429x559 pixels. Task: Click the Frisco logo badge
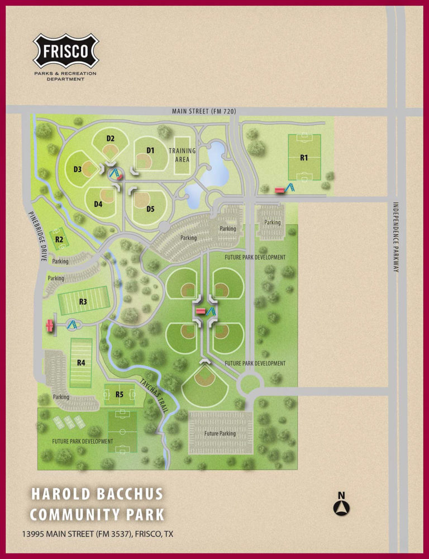(x=65, y=51)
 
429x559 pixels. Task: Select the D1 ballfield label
(x=150, y=150)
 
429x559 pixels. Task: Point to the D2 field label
(x=111, y=138)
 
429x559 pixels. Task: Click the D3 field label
(x=78, y=169)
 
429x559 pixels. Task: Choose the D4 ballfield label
(x=98, y=204)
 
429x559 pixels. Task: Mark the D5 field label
(x=150, y=209)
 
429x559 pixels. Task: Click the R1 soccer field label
(x=304, y=158)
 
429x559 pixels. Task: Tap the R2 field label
(x=59, y=240)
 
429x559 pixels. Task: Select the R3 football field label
(x=83, y=302)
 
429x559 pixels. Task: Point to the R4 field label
(x=81, y=362)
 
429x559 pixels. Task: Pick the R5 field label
(x=120, y=395)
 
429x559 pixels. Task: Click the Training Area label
(x=182, y=155)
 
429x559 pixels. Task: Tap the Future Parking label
(x=220, y=433)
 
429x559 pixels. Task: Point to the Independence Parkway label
(x=395, y=237)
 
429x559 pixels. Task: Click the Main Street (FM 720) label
(x=204, y=112)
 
